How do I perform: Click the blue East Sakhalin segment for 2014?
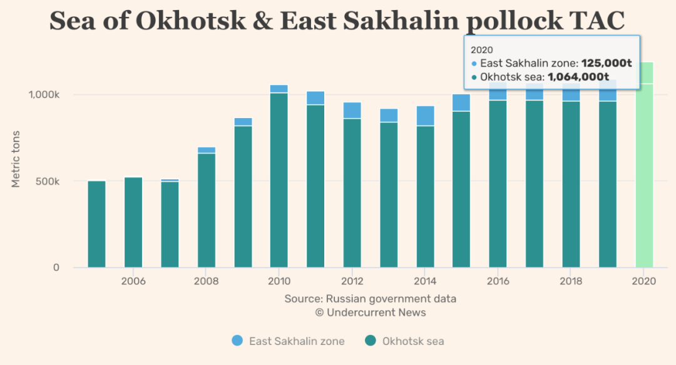tap(426, 116)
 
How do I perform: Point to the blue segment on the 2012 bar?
tap(352, 110)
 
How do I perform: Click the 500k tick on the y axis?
tap(47, 181)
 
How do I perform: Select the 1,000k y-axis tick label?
tap(44, 95)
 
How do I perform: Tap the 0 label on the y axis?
tap(56, 267)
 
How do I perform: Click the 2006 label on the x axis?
tap(133, 281)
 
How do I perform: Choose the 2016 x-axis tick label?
tap(498, 281)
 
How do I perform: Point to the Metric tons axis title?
tap(17, 159)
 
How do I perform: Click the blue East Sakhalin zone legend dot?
tap(237, 341)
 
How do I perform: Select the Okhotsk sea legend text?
tap(413, 341)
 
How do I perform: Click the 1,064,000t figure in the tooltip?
tap(578, 77)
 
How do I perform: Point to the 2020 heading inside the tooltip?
tap(482, 49)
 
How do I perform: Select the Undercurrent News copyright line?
tap(371, 312)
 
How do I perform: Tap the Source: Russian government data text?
tap(371, 299)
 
